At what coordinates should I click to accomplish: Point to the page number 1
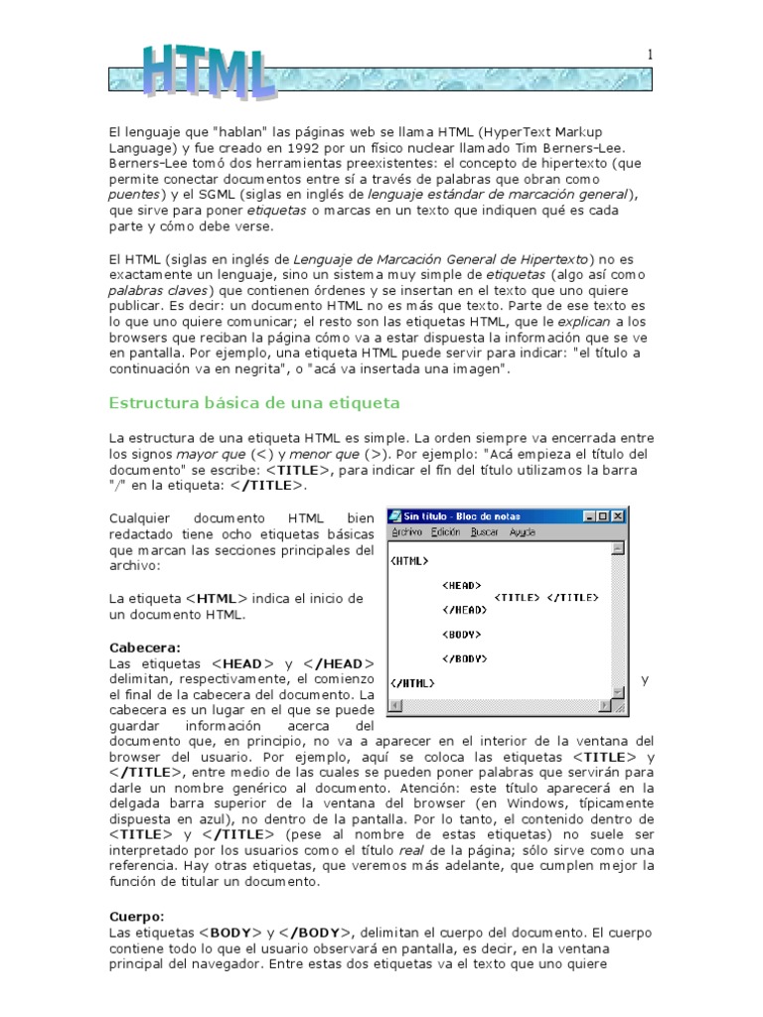650,56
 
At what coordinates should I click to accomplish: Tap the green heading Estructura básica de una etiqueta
253,402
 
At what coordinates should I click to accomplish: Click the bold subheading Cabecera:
145,648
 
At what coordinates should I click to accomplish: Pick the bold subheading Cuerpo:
136,916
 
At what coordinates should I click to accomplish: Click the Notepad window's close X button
619,516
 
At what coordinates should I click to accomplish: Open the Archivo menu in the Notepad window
407,532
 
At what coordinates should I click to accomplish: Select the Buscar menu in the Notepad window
485,532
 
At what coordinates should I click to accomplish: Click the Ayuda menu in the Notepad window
523,532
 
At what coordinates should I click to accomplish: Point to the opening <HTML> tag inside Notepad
410,561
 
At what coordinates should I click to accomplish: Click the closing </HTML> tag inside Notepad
412,682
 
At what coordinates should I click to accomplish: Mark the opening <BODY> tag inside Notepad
461,634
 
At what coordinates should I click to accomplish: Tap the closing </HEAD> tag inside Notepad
463,610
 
